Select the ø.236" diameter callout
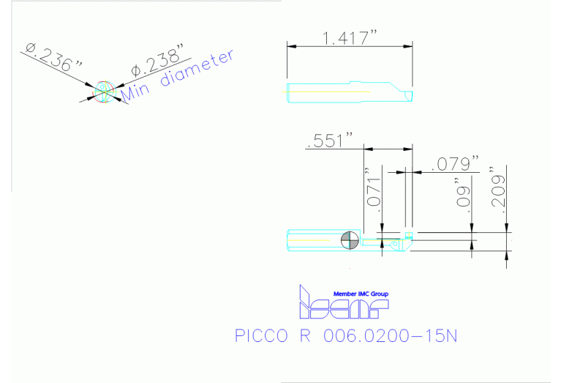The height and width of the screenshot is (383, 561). point(53,57)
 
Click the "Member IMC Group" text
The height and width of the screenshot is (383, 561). point(361,294)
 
